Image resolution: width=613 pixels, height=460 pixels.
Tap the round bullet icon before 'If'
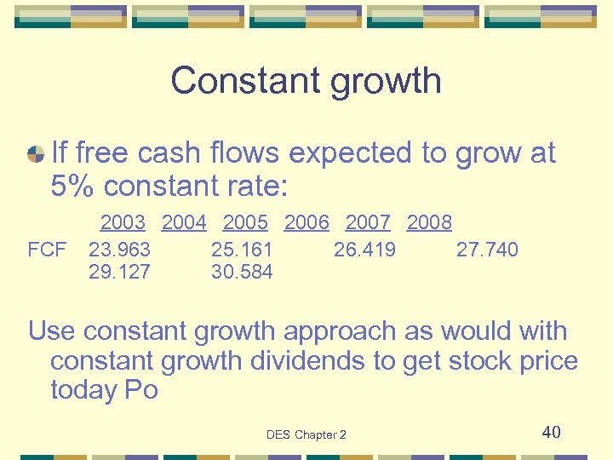click(x=36, y=154)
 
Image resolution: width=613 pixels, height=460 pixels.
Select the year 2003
click(x=123, y=223)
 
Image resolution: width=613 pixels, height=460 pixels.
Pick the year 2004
click(x=184, y=223)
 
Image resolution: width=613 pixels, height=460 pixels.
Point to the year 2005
click(x=245, y=223)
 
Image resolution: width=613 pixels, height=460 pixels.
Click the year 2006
click(x=306, y=223)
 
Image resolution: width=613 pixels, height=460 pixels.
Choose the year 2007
click(x=368, y=223)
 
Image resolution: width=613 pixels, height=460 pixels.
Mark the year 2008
click(x=429, y=223)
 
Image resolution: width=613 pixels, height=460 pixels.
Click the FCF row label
click(x=47, y=250)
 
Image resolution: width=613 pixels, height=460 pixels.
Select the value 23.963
click(x=119, y=250)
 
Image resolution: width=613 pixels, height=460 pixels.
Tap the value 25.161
click(x=242, y=250)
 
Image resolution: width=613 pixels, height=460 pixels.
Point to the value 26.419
click(x=364, y=250)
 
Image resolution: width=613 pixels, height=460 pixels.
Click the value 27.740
click(x=487, y=250)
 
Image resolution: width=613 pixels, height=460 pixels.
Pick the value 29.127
click(x=119, y=272)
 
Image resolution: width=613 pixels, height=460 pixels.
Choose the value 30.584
click(x=242, y=272)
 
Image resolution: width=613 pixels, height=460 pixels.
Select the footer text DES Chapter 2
click(x=306, y=434)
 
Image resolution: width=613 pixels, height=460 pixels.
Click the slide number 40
click(x=551, y=432)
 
